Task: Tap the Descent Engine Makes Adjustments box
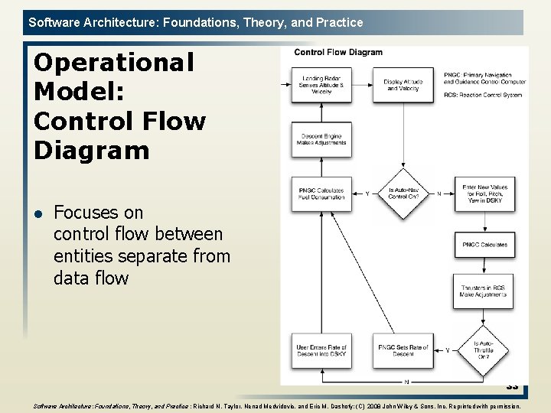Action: [321, 139]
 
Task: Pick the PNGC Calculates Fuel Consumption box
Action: [321, 193]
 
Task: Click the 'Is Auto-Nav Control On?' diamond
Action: [403, 193]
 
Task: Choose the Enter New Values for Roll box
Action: [484, 193]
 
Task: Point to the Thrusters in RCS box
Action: [484, 291]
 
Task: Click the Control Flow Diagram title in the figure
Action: [338, 53]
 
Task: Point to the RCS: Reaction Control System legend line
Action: [483, 96]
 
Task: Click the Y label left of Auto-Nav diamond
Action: [367, 194]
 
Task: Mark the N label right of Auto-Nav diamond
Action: [439, 194]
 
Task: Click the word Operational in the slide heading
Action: [114, 62]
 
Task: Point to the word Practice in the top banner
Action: [334, 22]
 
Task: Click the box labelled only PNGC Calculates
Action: [484, 245]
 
